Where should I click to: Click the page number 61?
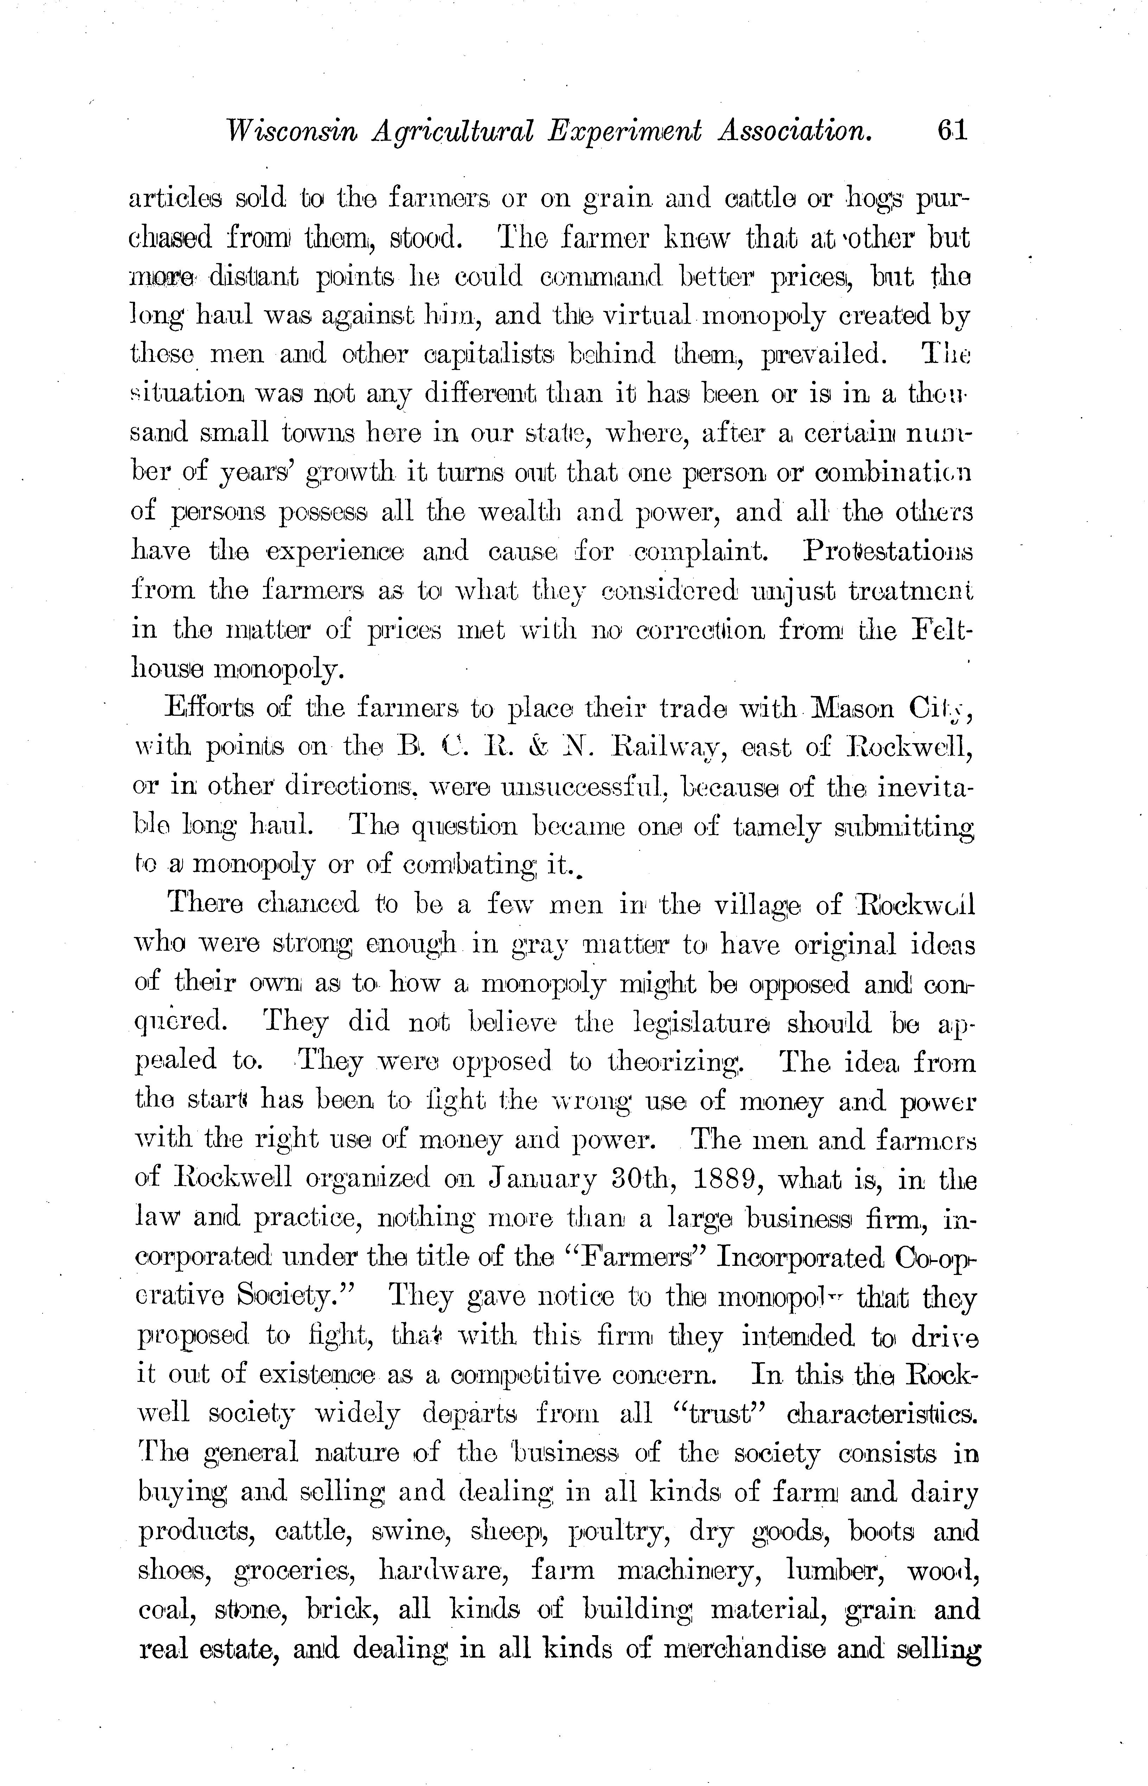point(952,131)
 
